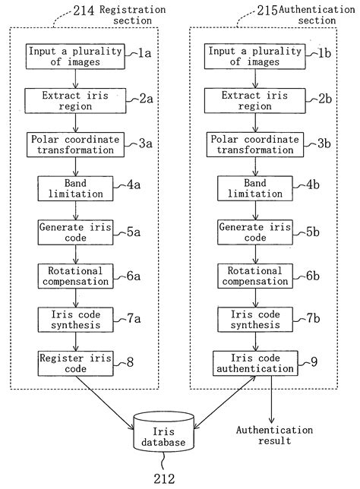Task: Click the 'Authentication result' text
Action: point(273,434)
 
